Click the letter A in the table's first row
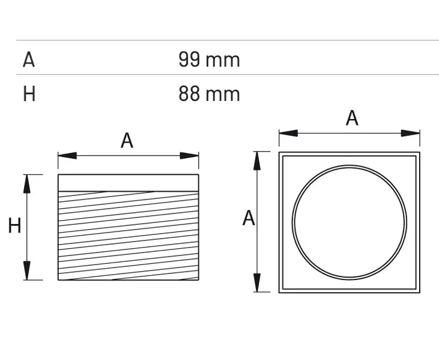pos(29,59)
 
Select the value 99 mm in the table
pos(208,59)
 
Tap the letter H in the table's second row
pos(29,94)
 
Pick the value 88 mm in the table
pos(208,94)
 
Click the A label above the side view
pos(127,141)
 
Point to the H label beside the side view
pos(14,226)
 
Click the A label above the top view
pos(352,118)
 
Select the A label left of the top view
pos(249,218)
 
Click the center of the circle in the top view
pos(350,222)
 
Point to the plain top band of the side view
pos(128,183)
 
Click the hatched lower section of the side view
pos(128,236)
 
